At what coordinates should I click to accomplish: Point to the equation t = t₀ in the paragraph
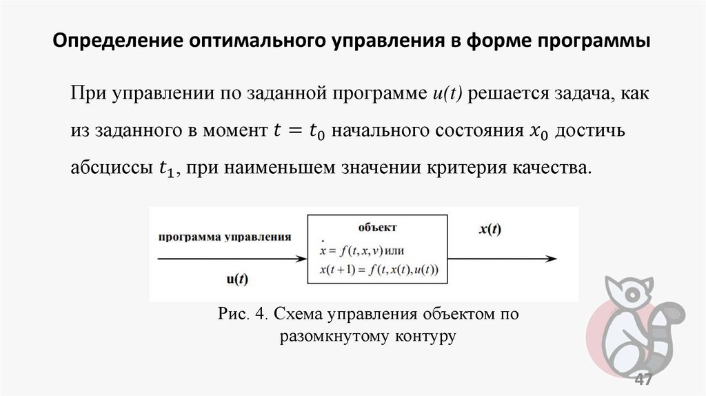point(294,131)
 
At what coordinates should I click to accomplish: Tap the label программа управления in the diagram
point(225,235)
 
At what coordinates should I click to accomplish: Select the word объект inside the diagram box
point(377,226)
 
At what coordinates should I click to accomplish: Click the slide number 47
point(643,380)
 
